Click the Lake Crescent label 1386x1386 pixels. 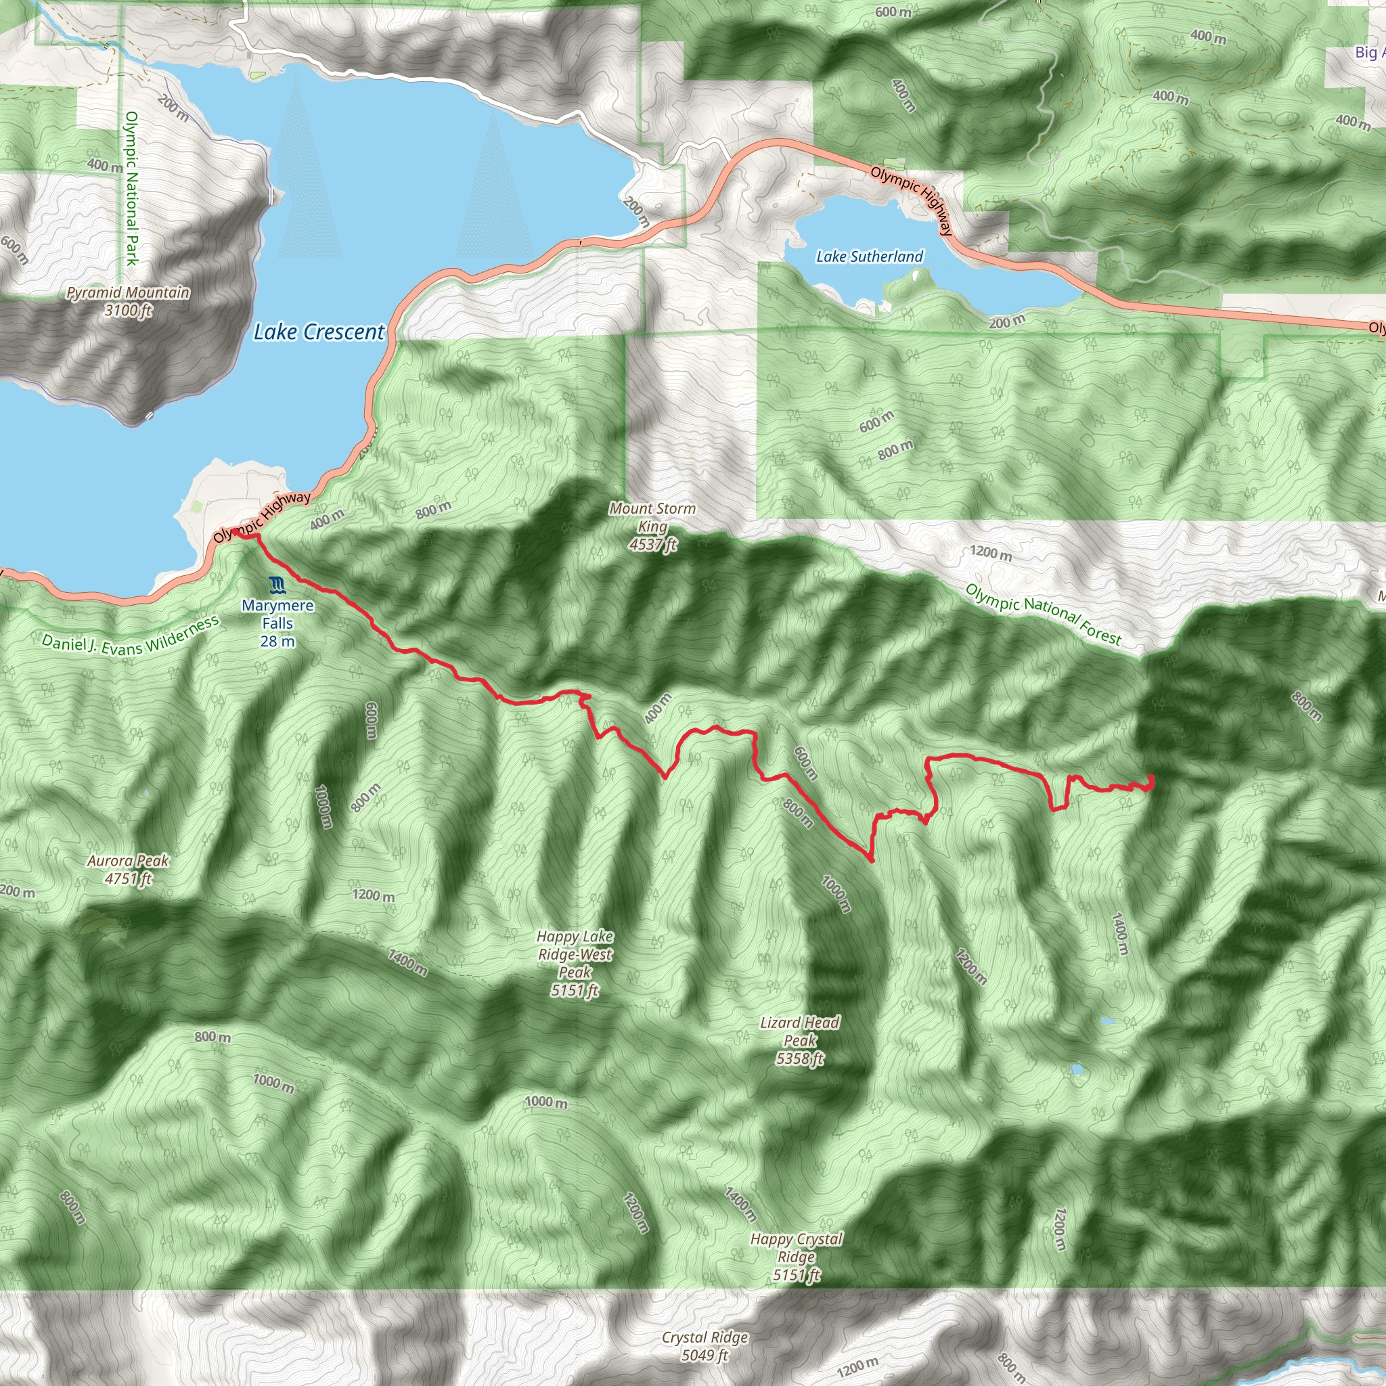pos(319,332)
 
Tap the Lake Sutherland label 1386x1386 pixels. pos(870,256)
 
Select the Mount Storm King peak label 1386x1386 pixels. pos(652,527)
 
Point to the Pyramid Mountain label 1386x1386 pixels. pos(129,301)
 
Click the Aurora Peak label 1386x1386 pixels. pos(129,869)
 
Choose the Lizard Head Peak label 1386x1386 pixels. pos(800,1040)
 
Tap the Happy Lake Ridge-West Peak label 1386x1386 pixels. pos(575,963)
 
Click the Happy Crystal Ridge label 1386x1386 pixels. pos(797,1256)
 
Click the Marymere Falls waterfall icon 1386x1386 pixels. pos(277,585)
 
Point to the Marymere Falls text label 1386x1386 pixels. pos(277,623)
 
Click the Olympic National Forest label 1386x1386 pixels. pos(1043,613)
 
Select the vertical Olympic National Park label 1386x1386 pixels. pos(131,188)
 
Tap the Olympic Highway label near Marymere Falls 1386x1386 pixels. pos(263,516)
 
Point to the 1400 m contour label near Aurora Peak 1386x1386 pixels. pos(407,962)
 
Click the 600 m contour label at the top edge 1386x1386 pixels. pos(893,12)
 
